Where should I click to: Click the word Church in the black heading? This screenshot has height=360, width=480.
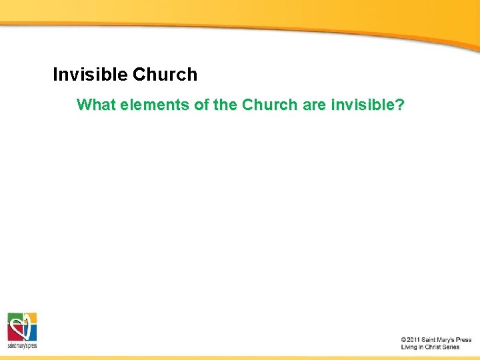(x=165, y=75)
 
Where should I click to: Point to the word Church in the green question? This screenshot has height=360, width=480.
(x=267, y=105)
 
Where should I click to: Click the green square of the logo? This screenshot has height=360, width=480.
(x=14, y=319)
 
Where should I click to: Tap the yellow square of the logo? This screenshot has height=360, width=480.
(x=30, y=319)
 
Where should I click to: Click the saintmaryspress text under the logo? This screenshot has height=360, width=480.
(x=22, y=346)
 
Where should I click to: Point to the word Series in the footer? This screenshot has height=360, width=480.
(x=452, y=347)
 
